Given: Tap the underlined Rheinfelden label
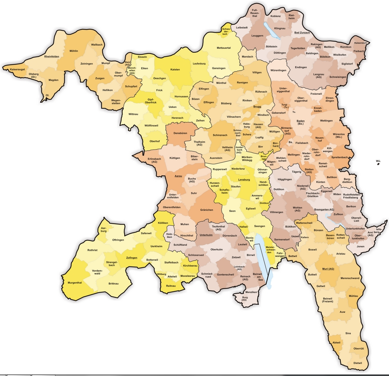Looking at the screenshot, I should coord(52,57).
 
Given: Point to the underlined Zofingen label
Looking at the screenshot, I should coord(132,258).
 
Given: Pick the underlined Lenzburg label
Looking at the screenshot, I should coord(244,180).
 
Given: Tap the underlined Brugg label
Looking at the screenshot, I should coord(257,107).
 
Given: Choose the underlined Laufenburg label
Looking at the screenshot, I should coord(198,64).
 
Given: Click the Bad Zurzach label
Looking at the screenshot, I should coord(302,33).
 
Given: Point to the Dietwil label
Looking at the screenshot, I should coord(358,363).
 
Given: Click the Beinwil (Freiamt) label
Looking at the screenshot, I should coord(327,300).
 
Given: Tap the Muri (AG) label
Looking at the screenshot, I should coord(328,269).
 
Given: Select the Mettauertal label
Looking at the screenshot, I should coord(224,48).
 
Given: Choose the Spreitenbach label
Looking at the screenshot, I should coord(339,157).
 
